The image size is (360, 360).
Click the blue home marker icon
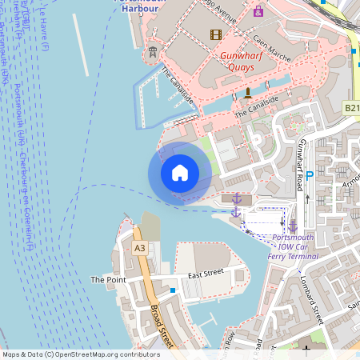180,172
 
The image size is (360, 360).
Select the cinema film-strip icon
214,34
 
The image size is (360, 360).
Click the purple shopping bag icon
258,12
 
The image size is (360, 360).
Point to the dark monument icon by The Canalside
247,94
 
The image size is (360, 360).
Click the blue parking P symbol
310,174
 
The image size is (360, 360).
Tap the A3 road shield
140,248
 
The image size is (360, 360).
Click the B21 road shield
352,106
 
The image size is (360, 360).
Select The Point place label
108,280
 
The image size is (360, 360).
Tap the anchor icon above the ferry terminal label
293,226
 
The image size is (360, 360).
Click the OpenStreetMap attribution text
82,354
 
